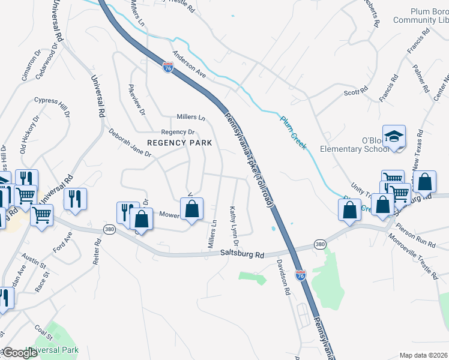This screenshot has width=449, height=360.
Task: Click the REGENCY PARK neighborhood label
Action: (179, 143)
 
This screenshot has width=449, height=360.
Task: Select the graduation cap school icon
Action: (394, 138)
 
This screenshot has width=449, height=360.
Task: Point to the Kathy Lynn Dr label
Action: (234, 226)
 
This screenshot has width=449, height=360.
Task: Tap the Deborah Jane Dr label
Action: (130, 142)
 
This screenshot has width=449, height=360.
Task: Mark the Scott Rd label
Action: (355, 91)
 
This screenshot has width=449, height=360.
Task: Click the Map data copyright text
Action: (424, 355)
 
